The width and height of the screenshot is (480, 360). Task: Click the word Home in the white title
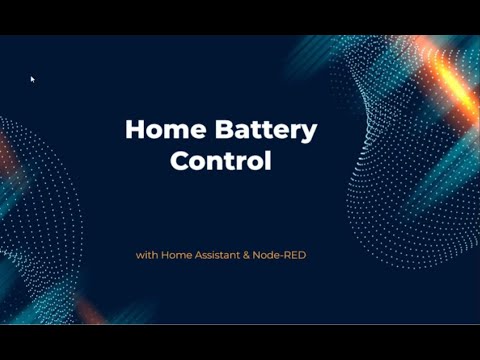point(158,129)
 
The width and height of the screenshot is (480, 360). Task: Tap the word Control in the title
point(221,160)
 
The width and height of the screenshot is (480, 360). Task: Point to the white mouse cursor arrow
point(32,78)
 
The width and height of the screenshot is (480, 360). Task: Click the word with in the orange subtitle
point(147,255)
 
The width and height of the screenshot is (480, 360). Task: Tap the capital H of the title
point(133,129)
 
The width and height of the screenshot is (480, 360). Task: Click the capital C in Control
point(180,160)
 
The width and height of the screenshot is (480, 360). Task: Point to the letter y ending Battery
point(310,132)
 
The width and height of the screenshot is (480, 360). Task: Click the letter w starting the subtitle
point(140,255)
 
